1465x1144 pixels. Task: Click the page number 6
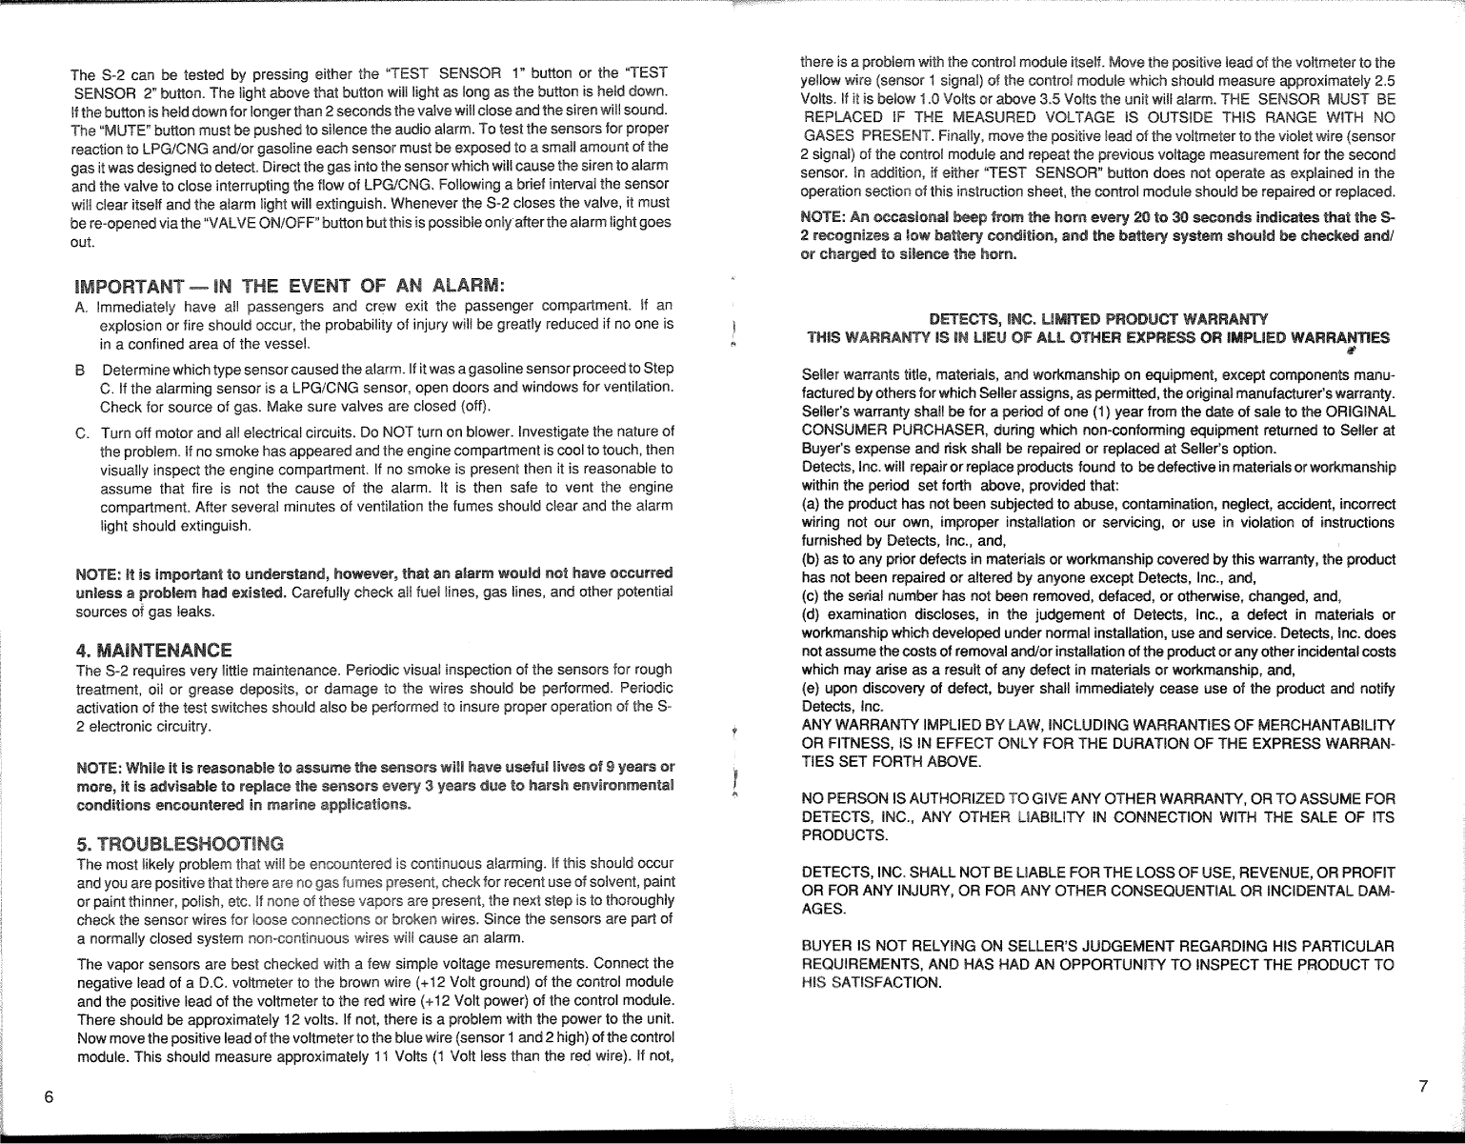pyautogui.click(x=47, y=1094)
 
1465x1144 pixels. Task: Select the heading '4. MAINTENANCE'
pyautogui.click(x=153, y=652)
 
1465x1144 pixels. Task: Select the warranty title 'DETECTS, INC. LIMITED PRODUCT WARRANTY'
pyautogui.click(x=1098, y=318)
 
